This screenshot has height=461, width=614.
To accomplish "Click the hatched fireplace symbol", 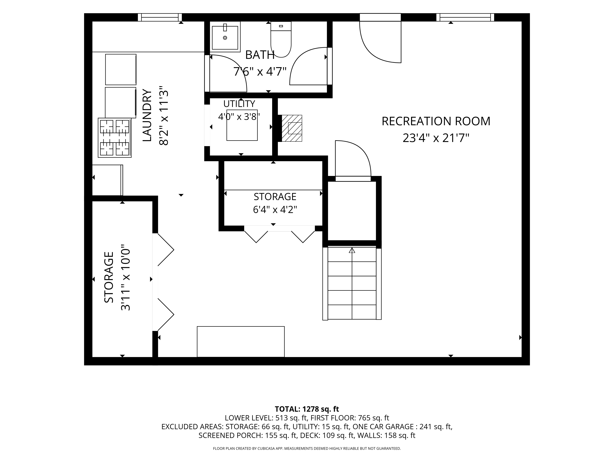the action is [x=292, y=128].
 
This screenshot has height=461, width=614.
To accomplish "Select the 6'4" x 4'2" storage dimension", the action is [x=275, y=209].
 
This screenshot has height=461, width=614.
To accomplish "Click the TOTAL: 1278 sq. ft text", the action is [x=307, y=409].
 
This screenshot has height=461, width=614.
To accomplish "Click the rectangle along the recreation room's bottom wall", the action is [x=241, y=341].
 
